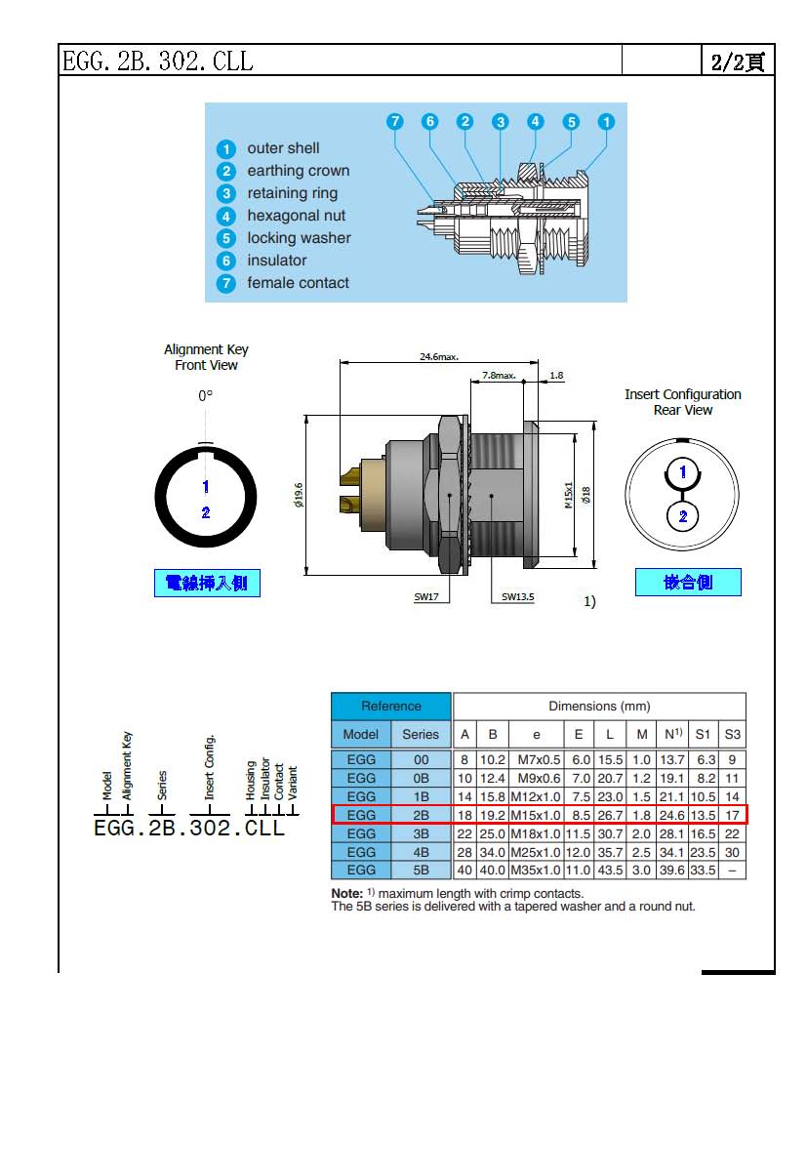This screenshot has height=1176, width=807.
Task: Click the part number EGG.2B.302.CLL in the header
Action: pyautogui.click(x=158, y=61)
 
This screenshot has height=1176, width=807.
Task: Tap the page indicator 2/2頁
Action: pyautogui.click(x=738, y=61)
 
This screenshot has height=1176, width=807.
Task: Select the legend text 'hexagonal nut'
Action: pyautogui.click(x=296, y=216)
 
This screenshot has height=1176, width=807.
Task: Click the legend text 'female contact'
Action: pyautogui.click(x=298, y=283)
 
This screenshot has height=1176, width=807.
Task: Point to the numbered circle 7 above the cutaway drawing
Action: pyautogui.click(x=394, y=122)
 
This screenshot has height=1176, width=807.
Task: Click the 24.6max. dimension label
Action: pyautogui.click(x=439, y=357)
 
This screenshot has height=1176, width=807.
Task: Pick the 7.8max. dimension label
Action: pyautogui.click(x=499, y=375)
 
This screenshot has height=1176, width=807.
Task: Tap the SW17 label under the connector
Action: pyautogui.click(x=425, y=596)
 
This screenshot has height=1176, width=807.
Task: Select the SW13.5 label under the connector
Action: pyautogui.click(x=518, y=596)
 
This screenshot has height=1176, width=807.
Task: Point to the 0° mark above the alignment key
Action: pyautogui.click(x=205, y=397)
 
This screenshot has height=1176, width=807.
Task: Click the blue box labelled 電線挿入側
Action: pyautogui.click(x=207, y=584)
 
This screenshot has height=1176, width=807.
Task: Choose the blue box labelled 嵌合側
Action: pyautogui.click(x=688, y=583)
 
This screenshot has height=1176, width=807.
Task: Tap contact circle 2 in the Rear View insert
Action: pyautogui.click(x=683, y=516)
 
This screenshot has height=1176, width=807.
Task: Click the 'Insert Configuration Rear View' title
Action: pyautogui.click(x=683, y=402)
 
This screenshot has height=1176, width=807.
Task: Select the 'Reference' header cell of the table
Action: pyautogui.click(x=391, y=707)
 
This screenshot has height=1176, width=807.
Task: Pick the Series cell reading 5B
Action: pyautogui.click(x=421, y=870)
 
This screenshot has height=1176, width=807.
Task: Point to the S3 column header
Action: pyautogui.click(x=732, y=734)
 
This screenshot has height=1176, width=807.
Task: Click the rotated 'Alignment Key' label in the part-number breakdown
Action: pyautogui.click(x=128, y=766)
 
